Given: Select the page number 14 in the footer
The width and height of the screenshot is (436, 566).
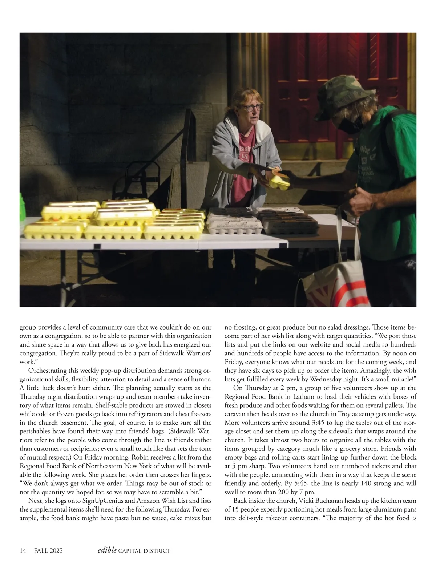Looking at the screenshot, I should pos(23,550).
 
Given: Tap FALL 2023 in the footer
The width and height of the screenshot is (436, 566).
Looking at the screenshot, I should pos(48,550).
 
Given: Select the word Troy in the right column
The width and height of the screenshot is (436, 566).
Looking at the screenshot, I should pos(345,414).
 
